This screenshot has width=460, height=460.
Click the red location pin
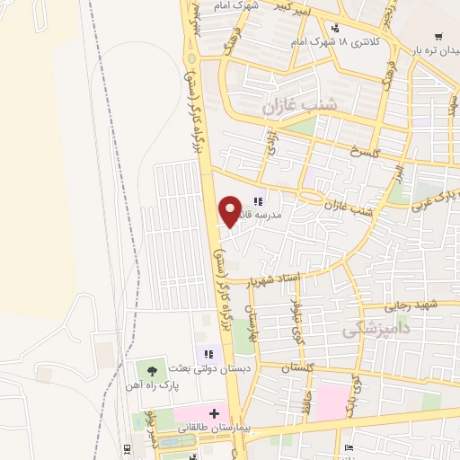(231, 210)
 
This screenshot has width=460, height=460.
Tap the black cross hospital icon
(213, 412)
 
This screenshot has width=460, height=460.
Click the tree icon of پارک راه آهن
(149, 369)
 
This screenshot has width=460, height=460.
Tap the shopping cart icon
(438, 37)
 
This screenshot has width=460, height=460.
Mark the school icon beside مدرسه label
(257, 201)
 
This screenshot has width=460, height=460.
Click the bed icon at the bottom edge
(349, 448)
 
